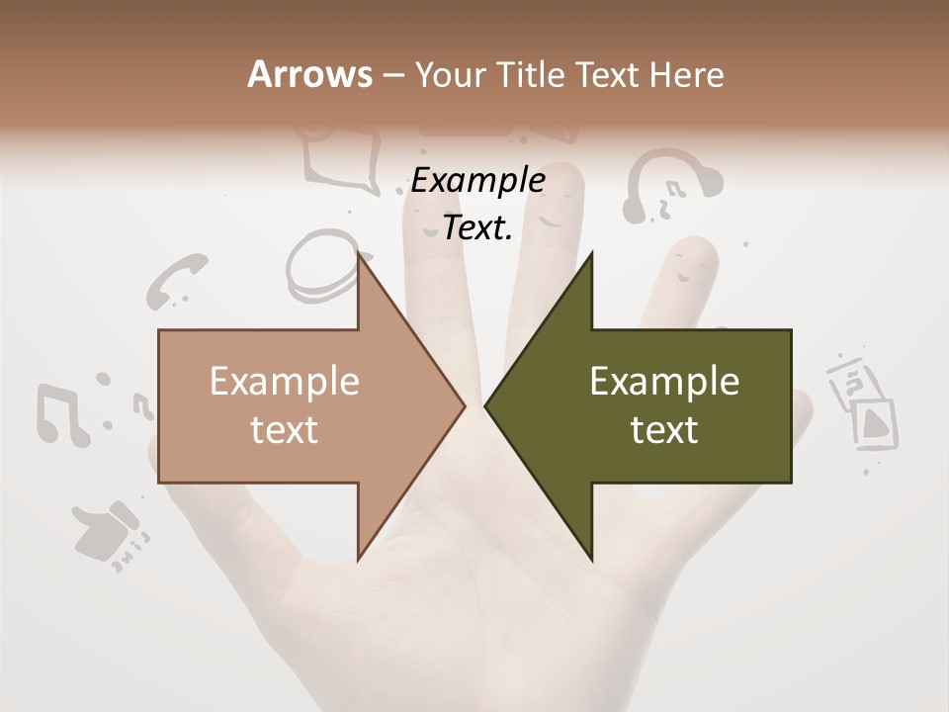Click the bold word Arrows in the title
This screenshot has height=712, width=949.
309,74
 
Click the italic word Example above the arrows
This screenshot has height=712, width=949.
477,181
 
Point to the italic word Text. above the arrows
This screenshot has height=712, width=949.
477,228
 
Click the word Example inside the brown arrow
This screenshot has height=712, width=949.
285,382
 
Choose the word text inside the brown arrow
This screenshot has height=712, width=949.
285,430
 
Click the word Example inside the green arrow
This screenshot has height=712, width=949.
664,382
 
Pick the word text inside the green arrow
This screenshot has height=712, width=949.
664,430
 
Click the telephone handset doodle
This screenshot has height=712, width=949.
176,279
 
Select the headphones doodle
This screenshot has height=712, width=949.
671,184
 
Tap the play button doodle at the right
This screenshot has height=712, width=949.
875,423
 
